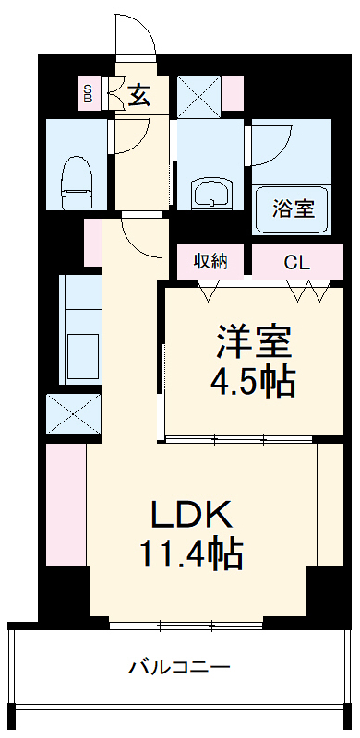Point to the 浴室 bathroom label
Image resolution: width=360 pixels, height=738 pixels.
tap(293, 208)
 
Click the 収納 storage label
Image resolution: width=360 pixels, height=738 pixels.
tap(210, 261)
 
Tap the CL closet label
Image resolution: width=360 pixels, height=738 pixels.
tap(296, 262)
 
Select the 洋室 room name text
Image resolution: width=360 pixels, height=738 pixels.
tap(254, 342)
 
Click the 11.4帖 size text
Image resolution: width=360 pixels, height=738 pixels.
tap(191, 553)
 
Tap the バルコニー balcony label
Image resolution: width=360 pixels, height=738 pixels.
tap(179, 665)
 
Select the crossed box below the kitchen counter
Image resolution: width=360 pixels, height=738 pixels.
tap(73, 412)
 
